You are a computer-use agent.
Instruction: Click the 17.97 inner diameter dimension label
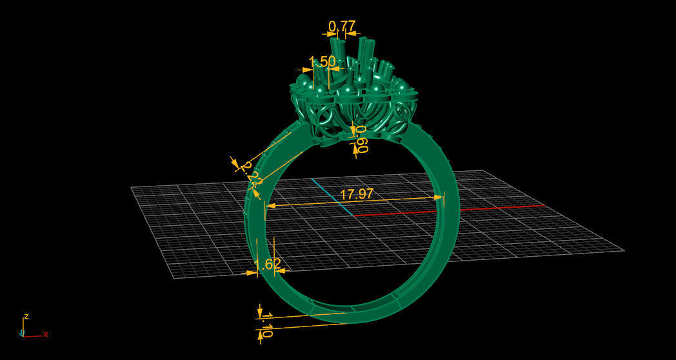[x=356, y=194]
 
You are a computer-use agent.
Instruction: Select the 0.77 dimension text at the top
[x=342, y=26]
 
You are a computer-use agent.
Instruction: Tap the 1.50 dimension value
[x=322, y=62]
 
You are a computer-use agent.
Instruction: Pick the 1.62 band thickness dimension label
[x=268, y=264]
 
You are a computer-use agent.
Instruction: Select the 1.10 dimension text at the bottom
[x=267, y=325]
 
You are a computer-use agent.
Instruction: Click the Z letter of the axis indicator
[x=26, y=317]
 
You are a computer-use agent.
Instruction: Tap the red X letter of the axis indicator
[x=46, y=334]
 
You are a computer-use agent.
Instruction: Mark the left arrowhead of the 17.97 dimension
[x=269, y=205]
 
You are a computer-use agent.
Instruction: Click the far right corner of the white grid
[x=624, y=250]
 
